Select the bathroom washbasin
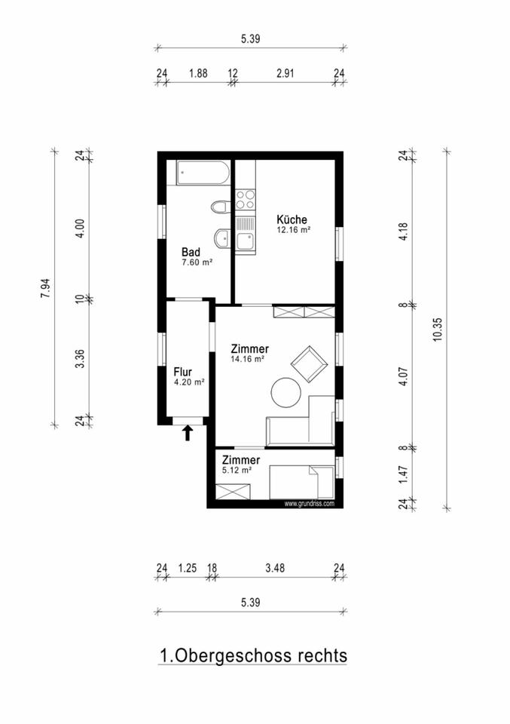point(221,239)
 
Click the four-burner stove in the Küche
point(246,199)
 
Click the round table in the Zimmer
point(287,393)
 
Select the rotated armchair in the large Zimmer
point(308,364)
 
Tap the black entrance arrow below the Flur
point(188,432)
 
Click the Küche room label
point(292,219)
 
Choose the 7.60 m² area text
point(197,262)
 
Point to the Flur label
point(184,371)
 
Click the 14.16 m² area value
point(248,360)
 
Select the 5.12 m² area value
point(237,470)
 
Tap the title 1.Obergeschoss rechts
point(253,655)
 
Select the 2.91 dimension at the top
point(286,73)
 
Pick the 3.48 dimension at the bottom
point(273,568)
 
